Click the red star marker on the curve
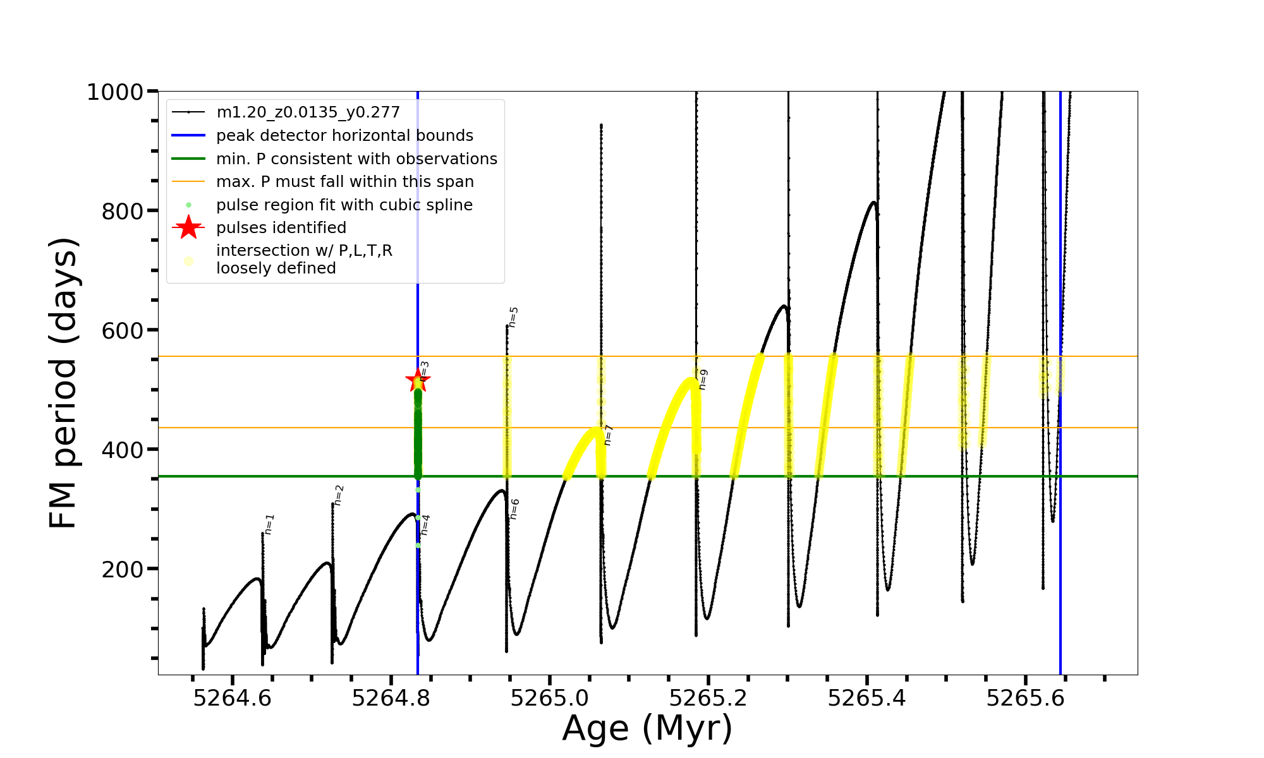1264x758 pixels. (x=417, y=380)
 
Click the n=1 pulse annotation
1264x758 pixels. (x=270, y=524)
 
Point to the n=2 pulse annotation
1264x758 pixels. (x=339, y=495)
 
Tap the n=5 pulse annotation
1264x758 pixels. (x=514, y=317)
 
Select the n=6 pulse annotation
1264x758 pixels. (x=515, y=509)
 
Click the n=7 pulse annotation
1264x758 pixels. (x=609, y=435)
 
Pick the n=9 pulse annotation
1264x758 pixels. (x=703, y=380)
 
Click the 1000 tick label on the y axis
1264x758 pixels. (x=114, y=92)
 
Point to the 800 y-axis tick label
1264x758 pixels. (x=123, y=212)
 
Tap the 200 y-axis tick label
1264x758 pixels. (x=123, y=569)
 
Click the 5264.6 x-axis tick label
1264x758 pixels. (x=233, y=698)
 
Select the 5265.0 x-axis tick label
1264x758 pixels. (x=550, y=698)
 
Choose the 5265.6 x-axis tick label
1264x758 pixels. (x=1026, y=698)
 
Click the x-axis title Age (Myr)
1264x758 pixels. (x=647, y=728)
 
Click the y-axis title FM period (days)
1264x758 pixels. (x=64, y=383)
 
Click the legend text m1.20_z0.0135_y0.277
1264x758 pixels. (x=308, y=112)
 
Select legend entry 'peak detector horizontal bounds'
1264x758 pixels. (x=344, y=136)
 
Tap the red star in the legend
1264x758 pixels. (x=188, y=227)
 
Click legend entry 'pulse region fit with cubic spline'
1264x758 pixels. (x=344, y=205)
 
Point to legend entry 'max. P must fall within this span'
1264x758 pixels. (x=345, y=182)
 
